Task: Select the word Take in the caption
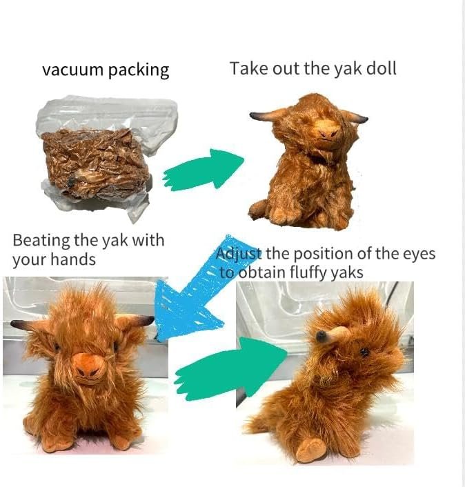(248, 69)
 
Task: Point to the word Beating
(41, 241)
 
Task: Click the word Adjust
(239, 254)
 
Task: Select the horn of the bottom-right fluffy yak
(330, 336)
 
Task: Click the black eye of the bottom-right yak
(364, 351)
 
